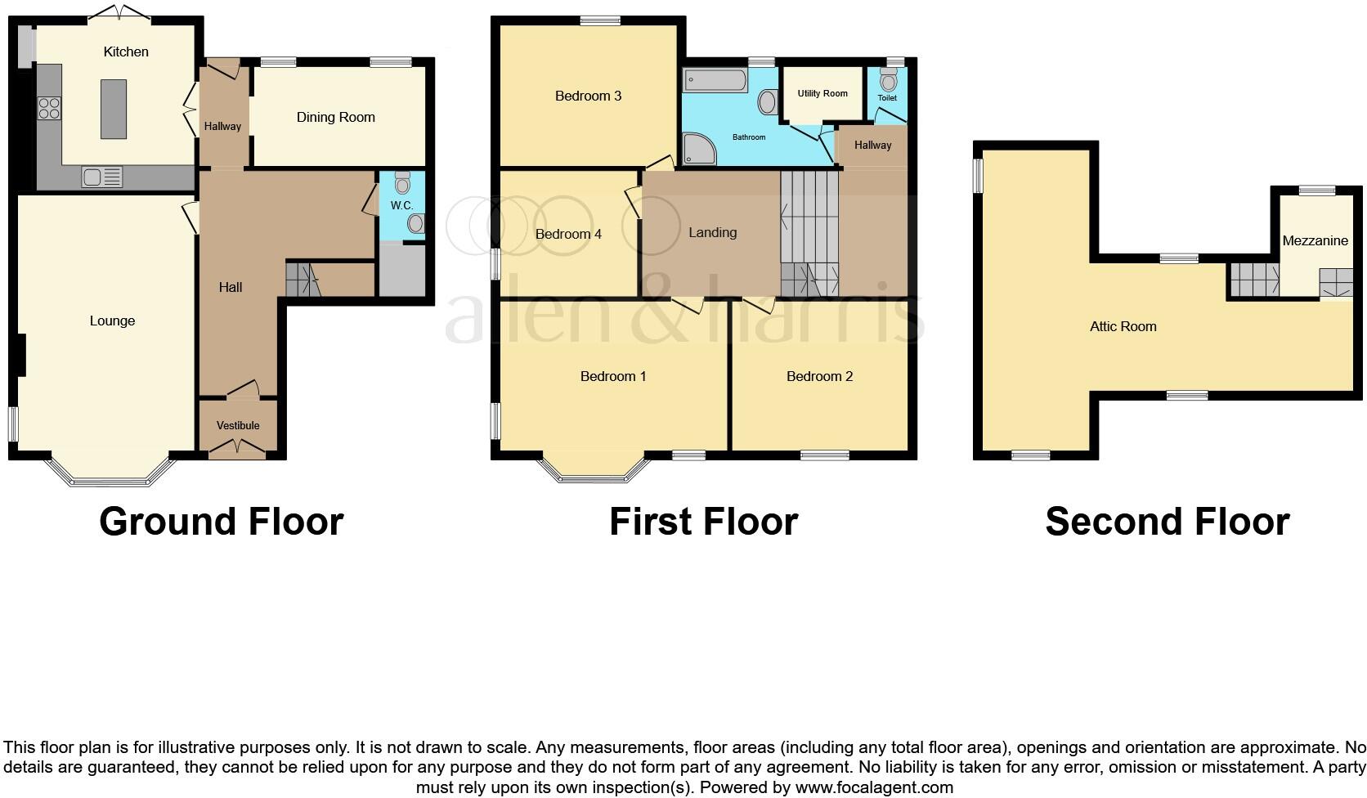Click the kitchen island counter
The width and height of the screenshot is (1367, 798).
pyautogui.click(x=114, y=108)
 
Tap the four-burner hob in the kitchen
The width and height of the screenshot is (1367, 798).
pyautogui.click(x=49, y=109)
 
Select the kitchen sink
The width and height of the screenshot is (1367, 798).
pyautogui.click(x=102, y=177)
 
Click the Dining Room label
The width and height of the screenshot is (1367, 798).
pyautogui.click(x=335, y=117)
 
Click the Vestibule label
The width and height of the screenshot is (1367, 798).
pyautogui.click(x=238, y=425)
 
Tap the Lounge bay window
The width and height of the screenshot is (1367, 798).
pyautogui.click(x=111, y=477)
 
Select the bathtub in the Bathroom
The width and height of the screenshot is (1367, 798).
pyautogui.click(x=716, y=80)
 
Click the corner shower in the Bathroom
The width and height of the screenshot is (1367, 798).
pyautogui.click(x=699, y=149)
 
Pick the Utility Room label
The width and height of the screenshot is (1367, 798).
pyautogui.click(x=822, y=93)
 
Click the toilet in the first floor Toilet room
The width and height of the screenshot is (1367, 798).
pyautogui.click(x=888, y=81)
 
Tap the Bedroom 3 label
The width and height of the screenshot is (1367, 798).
pyautogui.click(x=588, y=96)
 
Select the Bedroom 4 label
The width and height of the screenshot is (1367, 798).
pyautogui.click(x=568, y=234)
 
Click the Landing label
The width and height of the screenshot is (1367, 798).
pyautogui.click(x=712, y=232)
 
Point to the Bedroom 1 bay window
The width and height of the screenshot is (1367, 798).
pyautogui.click(x=594, y=471)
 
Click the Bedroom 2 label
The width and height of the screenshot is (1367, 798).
pyautogui.click(x=819, y=376)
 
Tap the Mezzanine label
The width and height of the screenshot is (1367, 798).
pyautogui.click(x=1315, y=240)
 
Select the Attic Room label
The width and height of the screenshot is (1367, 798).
pyautogui.click(x=1123, y=326)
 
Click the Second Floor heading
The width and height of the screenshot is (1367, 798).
pyautogui.click(x=1167, y=522)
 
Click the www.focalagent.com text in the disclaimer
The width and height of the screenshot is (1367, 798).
pyautogui.click(x=873, y=787)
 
